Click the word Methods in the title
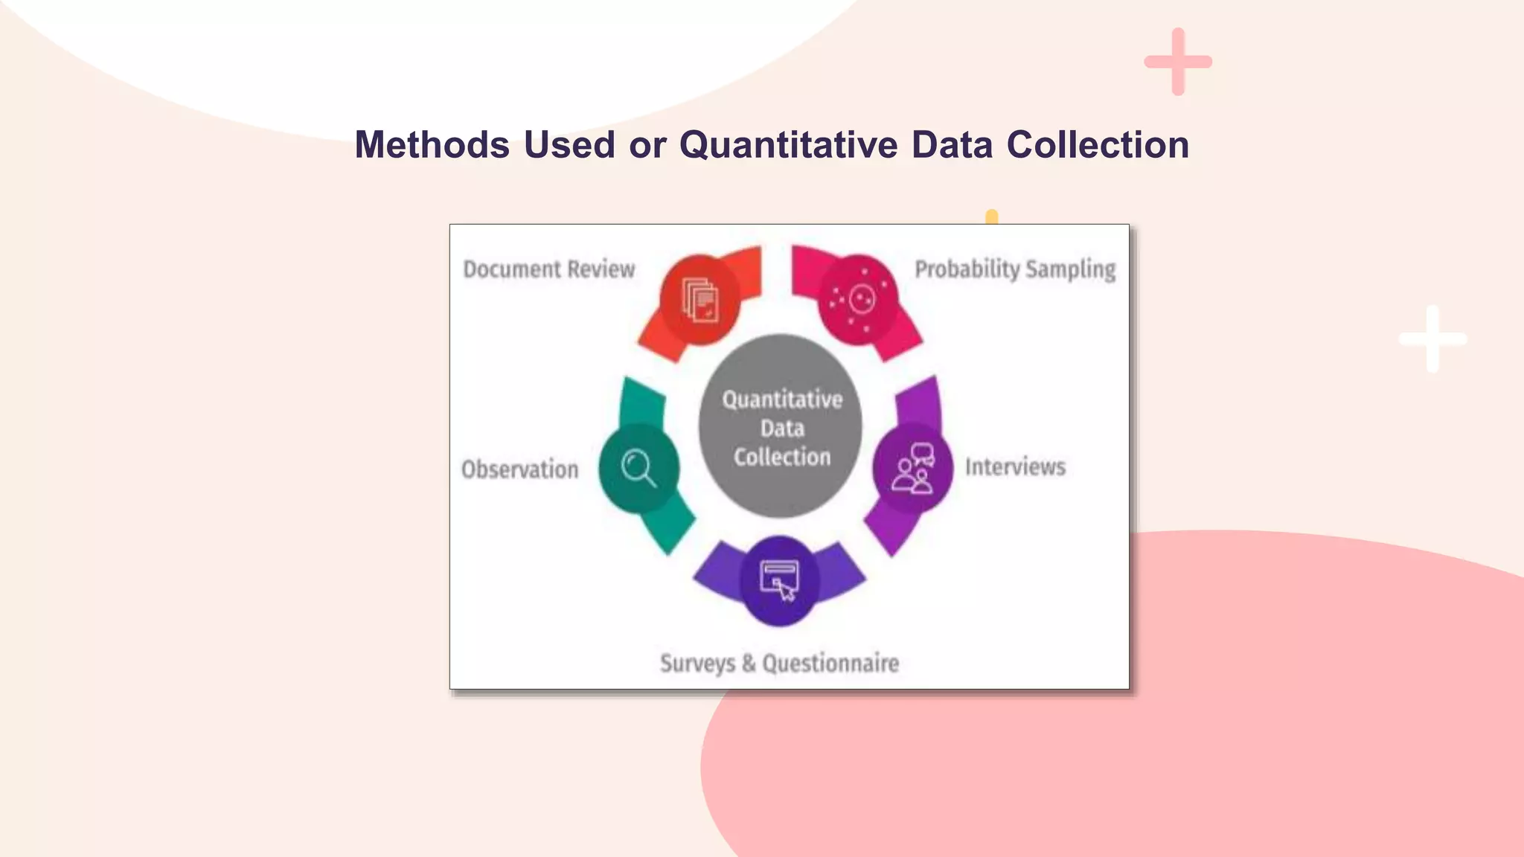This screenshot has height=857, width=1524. pos(432,144)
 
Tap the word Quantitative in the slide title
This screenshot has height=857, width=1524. pos(788,144)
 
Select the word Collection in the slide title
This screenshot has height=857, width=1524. pos(1098,144)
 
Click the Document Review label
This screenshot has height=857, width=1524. pos(549,269)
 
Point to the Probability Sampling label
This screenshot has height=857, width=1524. pos(1015,269)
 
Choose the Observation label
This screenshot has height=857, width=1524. pos(519,469)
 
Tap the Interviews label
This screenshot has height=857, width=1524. pos(1015,466)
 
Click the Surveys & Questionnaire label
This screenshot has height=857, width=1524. pos(779,663)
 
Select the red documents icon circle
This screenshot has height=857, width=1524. pos(700,301)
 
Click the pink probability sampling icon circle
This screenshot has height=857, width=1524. pos(858,300)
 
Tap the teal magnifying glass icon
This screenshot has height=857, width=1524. pos(638,469)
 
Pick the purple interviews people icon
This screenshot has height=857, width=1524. pos(913,469)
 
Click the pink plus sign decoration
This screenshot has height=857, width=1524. pos(1178,62)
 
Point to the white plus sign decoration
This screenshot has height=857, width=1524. pos(1432,339)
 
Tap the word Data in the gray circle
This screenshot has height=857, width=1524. pos(782,428)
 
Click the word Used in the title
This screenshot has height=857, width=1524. pos(569,144)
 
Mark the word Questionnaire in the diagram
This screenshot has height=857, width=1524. pos(830,663)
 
